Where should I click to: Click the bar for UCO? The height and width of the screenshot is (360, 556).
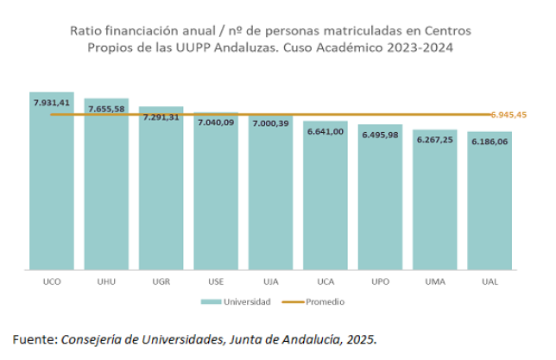pyautogui.click(x=51, y=190)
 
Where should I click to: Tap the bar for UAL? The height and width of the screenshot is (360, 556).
pyautogui.click(x=490, y=207)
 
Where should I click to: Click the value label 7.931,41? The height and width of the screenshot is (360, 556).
pyautogui.click(x=51, y=103)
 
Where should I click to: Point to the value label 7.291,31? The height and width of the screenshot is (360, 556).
pyautogui.click(x=161, y=117)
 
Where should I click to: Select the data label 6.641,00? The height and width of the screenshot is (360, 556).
pyautogui.click(x=325, y=131)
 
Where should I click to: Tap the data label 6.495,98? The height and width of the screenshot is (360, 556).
pyautogui.click(x=380, y=135)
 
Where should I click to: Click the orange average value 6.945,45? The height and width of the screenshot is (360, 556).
pyautogui.click(x=509, y=115)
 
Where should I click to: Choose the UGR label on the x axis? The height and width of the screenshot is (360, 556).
pyautogui.click(x=161, y=281)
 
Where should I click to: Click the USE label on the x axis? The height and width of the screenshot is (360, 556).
pyautogui.click(x=216, y=281)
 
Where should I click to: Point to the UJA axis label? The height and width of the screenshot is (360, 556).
pyautogui.click(x=270, y=281)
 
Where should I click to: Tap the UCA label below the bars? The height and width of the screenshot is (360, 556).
pyautogui.click(x=325, y=281)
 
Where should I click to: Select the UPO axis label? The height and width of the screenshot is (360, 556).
pyautogui.click(x=380, y=281)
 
